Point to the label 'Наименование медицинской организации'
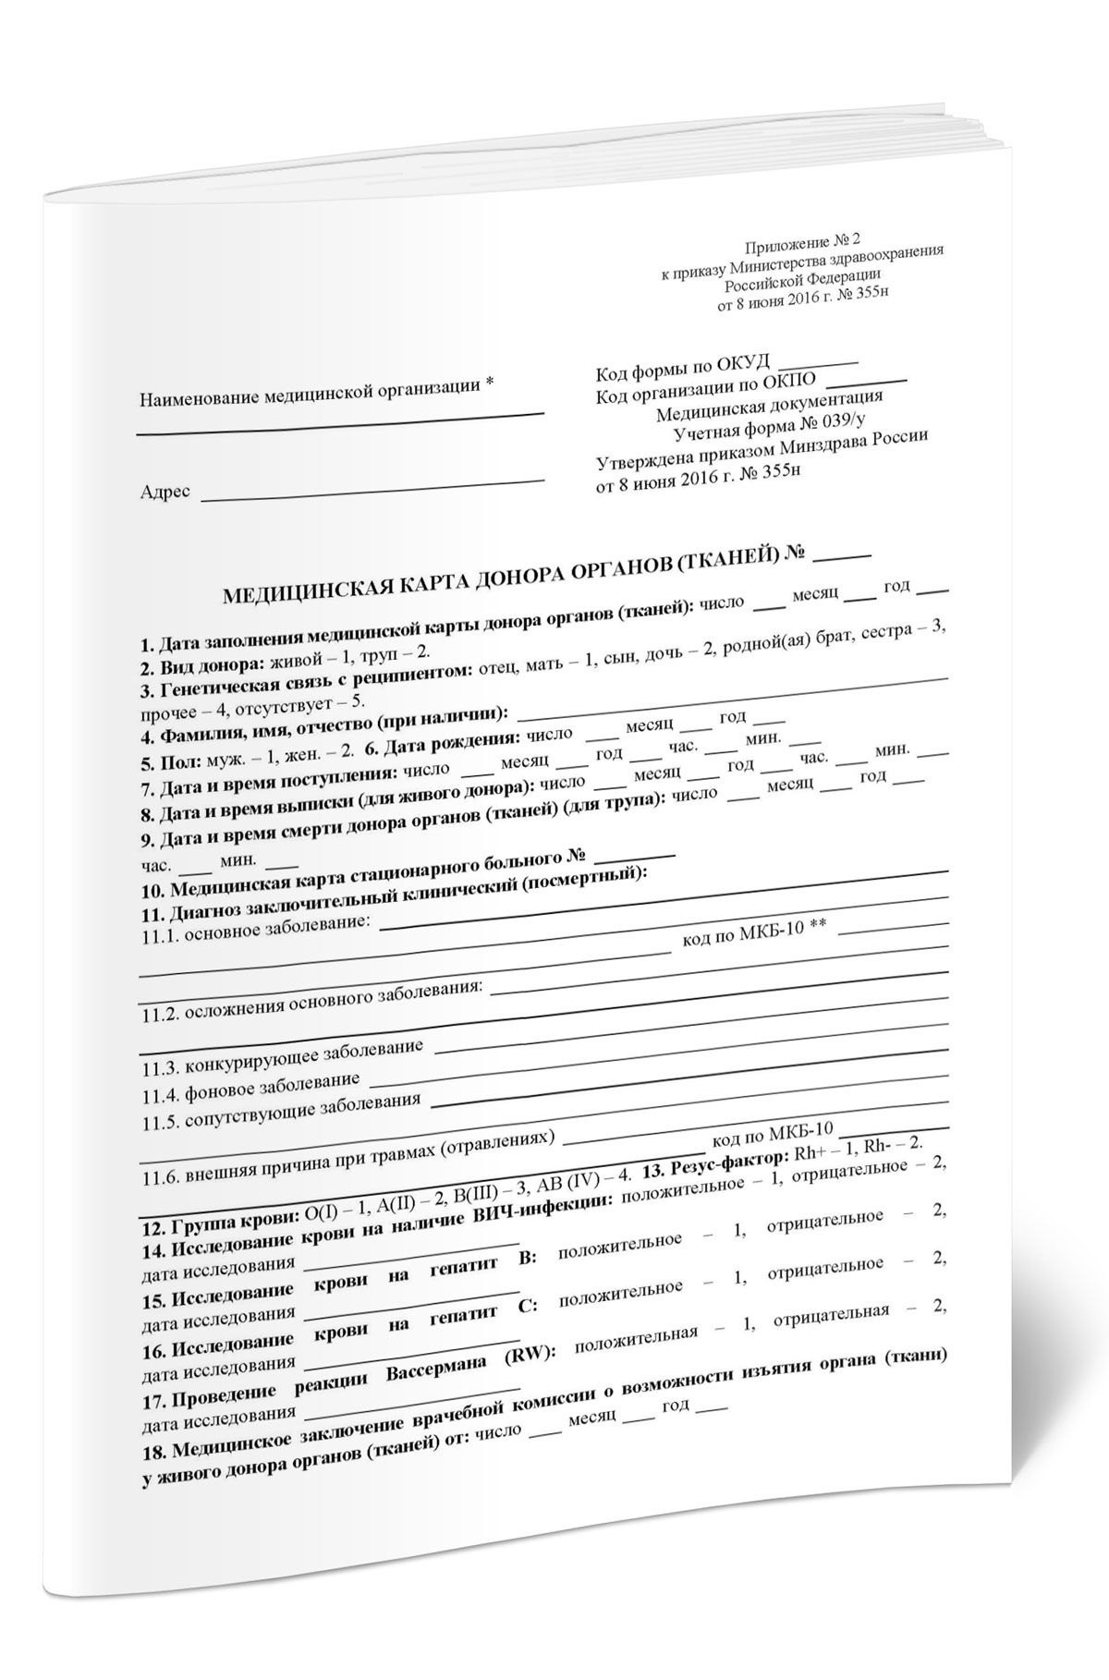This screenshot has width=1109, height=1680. point(310,395)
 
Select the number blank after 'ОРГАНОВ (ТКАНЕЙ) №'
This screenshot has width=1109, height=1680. point(844,554)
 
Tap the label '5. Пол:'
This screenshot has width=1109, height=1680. point(168,765)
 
